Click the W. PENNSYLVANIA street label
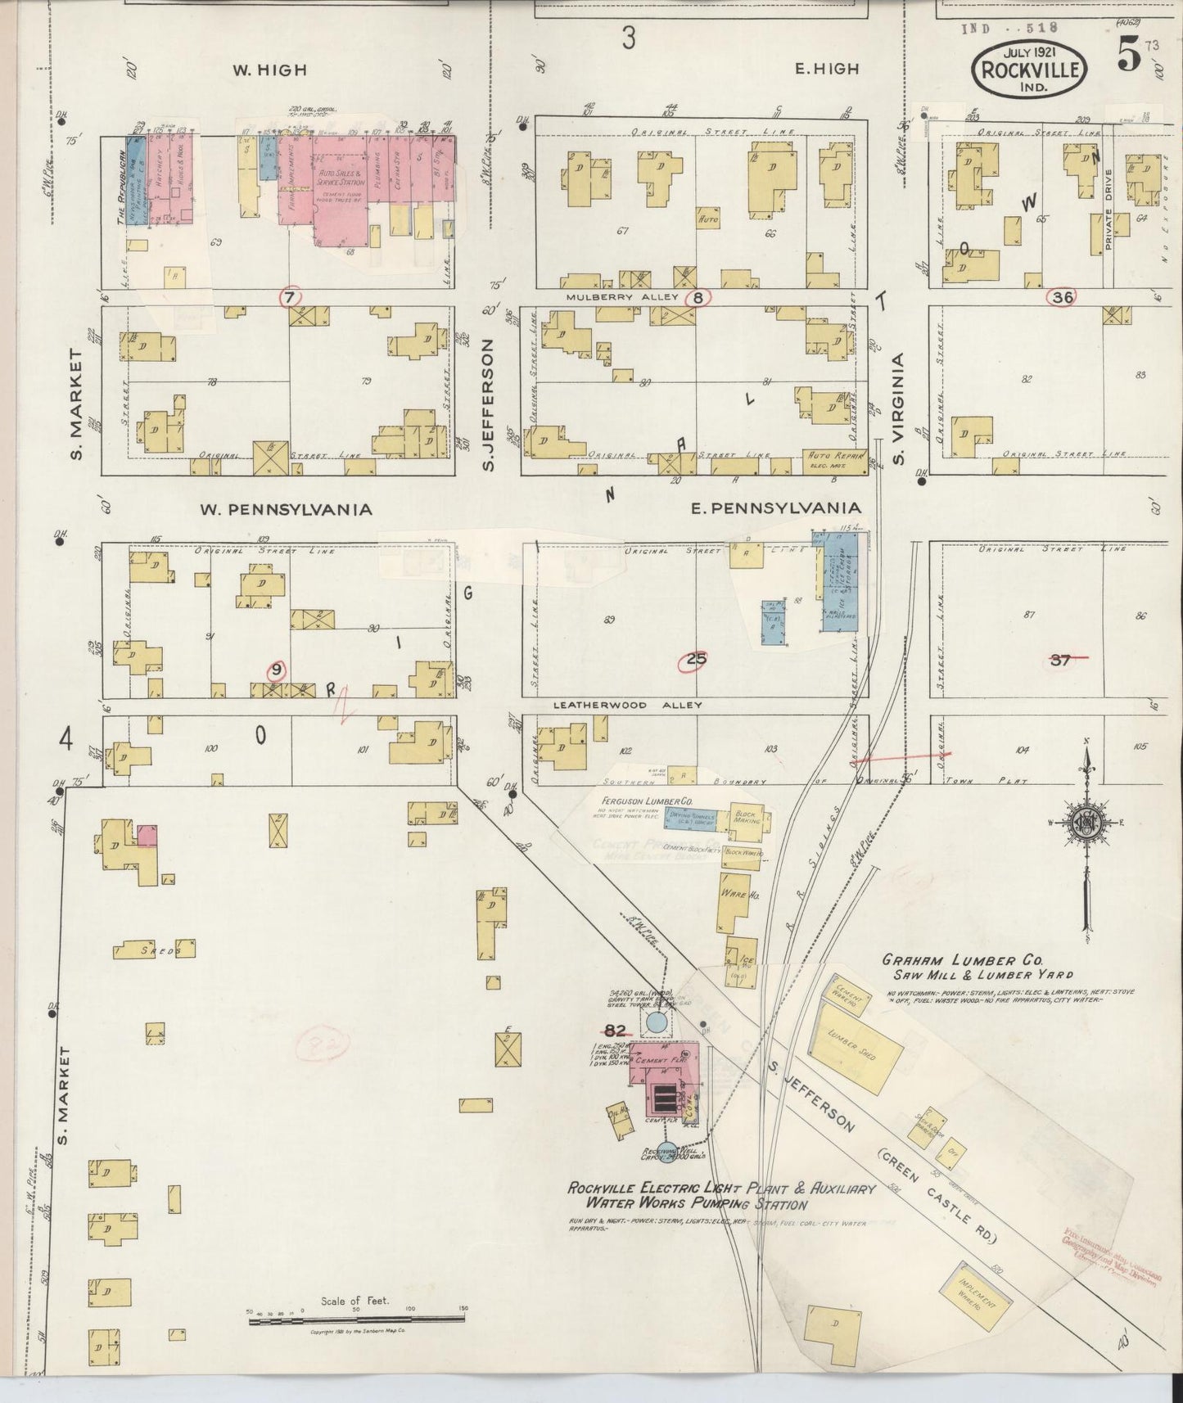286,509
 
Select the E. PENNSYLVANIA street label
775,509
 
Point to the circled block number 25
697,660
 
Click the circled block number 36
1063,297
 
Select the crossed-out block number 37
1061,660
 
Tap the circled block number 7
288,298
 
